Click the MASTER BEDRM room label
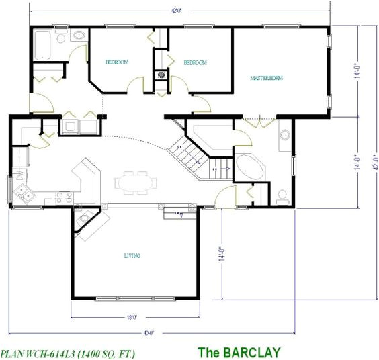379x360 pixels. tap(266, 79)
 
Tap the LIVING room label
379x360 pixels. tap(131, 255)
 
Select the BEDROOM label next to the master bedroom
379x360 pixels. tap(195, 62)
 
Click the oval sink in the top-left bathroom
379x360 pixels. tap(78, 35)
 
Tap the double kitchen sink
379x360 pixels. tap(26, 194)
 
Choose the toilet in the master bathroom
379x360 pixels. tap(283, 195)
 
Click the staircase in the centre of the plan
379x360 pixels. tap(192, 154)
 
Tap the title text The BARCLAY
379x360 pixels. tap(239, 351)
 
